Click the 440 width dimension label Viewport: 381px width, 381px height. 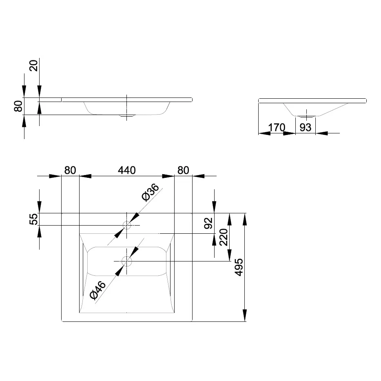(126, 170)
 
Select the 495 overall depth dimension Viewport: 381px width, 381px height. (239, 267)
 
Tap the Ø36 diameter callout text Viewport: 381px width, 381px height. (150, 192)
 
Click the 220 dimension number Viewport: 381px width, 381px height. (224, 237)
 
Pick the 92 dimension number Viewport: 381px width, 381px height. (208, 223)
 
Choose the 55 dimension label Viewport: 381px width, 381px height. (33, 219)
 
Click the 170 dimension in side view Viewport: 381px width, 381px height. (277, 127)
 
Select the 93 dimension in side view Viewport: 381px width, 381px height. (305, 127)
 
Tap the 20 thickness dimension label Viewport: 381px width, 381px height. (33, 66)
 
